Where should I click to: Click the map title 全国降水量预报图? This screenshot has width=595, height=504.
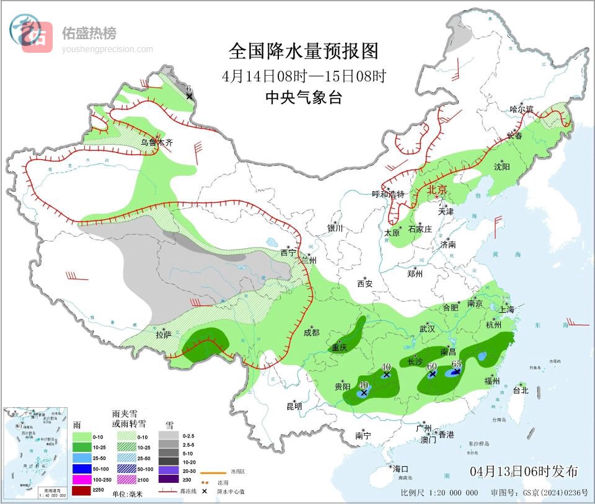(x=303, y=50)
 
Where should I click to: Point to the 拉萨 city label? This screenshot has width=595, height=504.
(x=163, y=335)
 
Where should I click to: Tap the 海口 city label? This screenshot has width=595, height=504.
(x=400, y=469)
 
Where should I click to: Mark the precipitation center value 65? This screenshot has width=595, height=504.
(x=457, y=364)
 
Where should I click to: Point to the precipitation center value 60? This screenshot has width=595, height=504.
(x=433, y=366)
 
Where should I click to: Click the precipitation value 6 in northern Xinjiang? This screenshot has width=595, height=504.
(x=188, y=89)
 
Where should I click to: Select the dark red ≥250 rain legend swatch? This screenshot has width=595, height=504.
(x=82, y=491)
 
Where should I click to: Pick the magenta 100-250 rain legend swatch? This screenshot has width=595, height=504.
(x=82, y=479)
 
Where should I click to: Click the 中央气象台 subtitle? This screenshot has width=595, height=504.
(x=303, y=97)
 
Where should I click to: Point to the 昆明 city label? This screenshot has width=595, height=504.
(x=294, y=407)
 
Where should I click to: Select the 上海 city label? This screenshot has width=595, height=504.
(x=506, y=309)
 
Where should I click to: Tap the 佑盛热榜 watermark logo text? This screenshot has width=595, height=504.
(x=89, y=33)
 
